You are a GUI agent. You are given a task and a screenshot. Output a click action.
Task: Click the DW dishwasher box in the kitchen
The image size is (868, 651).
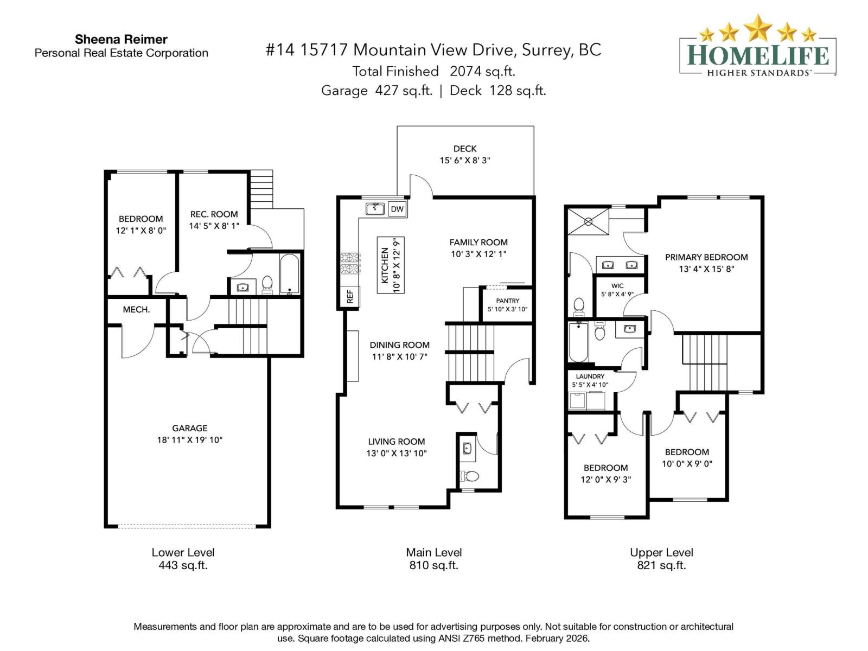click(397, 209)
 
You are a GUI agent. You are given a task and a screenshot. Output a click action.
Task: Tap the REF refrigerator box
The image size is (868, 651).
click(350, 296)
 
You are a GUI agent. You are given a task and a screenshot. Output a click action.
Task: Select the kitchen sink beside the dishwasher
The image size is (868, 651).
click(375, 208)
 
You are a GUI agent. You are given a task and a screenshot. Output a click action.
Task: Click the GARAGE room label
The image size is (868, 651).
click(190, 428)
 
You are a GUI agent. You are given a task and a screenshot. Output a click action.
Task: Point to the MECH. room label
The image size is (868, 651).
click(136, 309)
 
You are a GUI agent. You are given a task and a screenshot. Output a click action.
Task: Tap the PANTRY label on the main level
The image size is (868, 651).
click(507, 301)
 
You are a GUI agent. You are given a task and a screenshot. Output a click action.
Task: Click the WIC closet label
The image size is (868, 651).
click(617, 285)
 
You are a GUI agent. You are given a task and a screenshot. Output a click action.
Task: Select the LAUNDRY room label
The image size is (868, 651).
click(590, 376)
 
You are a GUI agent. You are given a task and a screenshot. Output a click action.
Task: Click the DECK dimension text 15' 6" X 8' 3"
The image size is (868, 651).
click(465, 161)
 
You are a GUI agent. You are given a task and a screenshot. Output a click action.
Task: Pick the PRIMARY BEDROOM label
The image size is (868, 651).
click(706, 257)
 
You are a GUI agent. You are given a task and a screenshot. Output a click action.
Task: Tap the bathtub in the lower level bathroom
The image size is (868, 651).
click(290, 274)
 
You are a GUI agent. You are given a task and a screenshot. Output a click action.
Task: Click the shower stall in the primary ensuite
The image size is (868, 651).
click(589, 221)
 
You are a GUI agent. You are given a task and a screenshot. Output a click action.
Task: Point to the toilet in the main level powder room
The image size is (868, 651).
click(470, 476)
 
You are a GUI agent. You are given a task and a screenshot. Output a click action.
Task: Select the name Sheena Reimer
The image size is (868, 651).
click(121, 39)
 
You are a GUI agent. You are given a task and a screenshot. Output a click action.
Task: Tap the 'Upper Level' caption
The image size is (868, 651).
click(661, 552)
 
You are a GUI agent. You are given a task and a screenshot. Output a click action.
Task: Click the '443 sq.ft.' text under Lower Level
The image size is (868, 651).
click(183, 565)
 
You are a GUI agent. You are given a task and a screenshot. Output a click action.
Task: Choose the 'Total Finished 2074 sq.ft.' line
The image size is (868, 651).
click(433, 71)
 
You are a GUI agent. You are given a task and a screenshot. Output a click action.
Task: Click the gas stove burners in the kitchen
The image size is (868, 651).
click(350, 263)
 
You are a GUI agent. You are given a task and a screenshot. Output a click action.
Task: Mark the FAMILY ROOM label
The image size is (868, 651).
click(478, 242)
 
